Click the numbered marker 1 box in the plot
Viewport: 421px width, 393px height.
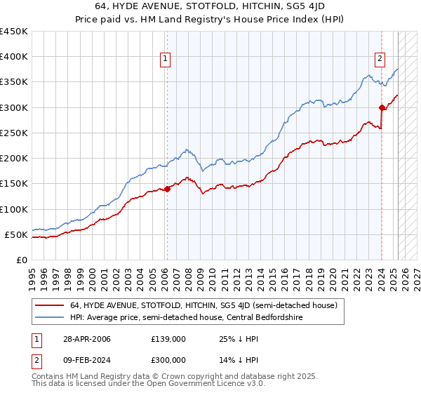pyautogui.click(x=166, y=60)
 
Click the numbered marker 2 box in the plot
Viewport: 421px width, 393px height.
pyautogui.click(x=380, y=60)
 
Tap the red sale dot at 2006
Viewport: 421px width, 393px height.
pyautogui.click(x=168, y=189)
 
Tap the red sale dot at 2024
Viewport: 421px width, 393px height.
pyautogui.click(x=382, y=107)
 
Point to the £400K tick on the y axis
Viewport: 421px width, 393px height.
pyautogui.click(x=15, y=57)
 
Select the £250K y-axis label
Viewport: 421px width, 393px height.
pyautogui.click(x=15, y=133)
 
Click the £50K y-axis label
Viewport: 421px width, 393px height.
pyautogui.click(x=18, y=234)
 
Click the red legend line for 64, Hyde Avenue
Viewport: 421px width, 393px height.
pyautogui.click(x=49, y=305)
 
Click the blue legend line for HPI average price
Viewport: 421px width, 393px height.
pyautogui.click(x=49, y=317)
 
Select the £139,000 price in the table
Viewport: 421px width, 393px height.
pyautogui.click(x=168, y=339)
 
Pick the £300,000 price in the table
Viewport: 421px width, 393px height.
pyautogui.click(x=168, y=360)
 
